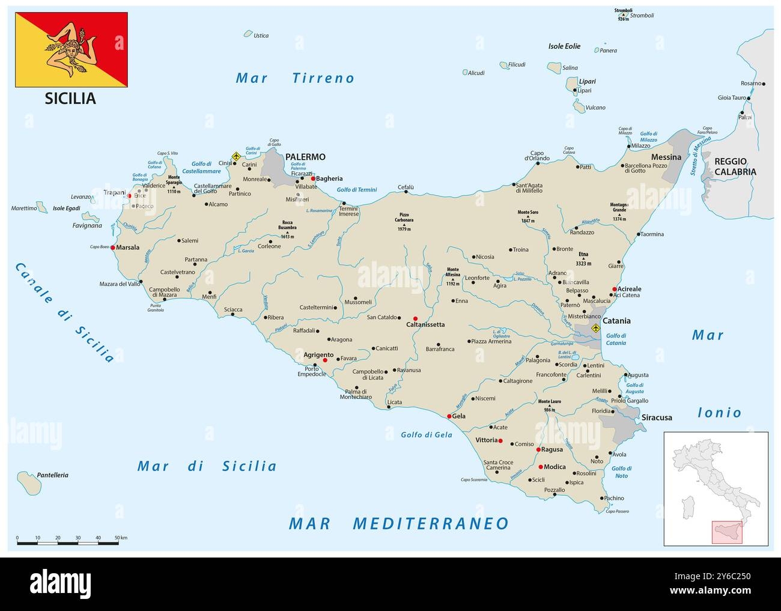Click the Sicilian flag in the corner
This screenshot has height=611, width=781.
pyautogui.click(x=71, y=49)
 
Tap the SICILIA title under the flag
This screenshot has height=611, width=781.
pyautogui.click(x=70, y=99)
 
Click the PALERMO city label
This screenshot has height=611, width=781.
pyautogui.click(x=305, y=157)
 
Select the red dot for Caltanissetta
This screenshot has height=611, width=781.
pyautogui.click(x=415, y=318)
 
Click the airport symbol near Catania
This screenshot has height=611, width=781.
pyautogui.click(x=595, y=328)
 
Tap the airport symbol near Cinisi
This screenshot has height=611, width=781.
pyautogui.click(x=236, y=157)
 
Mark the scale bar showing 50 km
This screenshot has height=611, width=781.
pyautogui.click(x=67, y=543)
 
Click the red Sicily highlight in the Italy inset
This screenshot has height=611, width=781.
pyautogui.click(x=727, y=532)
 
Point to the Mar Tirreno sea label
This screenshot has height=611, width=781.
pyautogui.click(x=295, y=78)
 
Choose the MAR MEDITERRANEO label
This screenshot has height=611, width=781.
pyautogui.click(x=398, y=523)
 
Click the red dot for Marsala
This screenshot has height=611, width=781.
pyautogui.click(x=113, y=247)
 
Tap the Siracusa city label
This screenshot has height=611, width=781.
pyautogui.click(x=657, y=417)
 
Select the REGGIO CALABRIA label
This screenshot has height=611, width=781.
pyautogui.click(x=735, y=166)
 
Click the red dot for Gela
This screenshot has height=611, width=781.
pyautogui.click(x=449, y=416)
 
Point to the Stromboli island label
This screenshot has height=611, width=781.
pyautogui.click(x=642, y=16)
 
